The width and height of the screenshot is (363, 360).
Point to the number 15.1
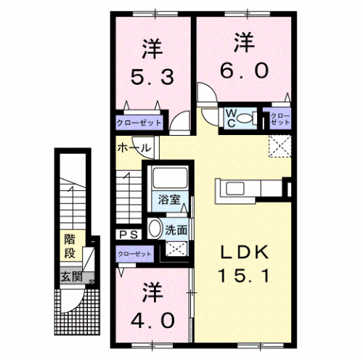245,276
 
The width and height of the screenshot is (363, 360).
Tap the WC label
228,116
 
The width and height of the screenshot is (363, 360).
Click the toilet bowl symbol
245,118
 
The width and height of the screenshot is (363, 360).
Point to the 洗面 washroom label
176,228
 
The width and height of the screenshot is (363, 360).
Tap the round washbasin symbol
155,229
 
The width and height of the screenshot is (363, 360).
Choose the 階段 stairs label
70,245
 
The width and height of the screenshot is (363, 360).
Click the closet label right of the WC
279,117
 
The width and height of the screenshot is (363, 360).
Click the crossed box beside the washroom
176,249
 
